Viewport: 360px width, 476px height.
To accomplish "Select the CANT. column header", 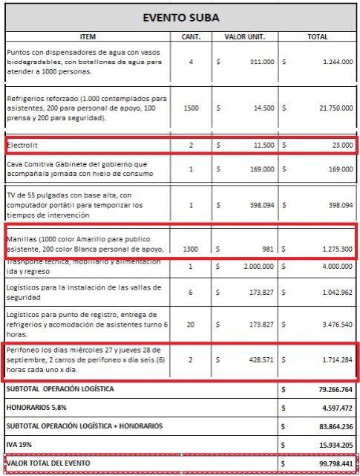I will [191, 36].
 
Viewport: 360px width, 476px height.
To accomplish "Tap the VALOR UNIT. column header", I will [245, 36].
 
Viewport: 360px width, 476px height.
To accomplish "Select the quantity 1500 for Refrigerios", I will [191, 108].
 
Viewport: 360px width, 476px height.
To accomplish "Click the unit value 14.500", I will [264, 108].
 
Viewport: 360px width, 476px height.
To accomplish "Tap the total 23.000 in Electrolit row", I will [341, 145].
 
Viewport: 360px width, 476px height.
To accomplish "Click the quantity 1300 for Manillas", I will [191, 249].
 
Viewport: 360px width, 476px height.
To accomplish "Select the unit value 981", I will [268, 249].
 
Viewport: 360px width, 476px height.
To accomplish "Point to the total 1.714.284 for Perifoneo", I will [336, 359].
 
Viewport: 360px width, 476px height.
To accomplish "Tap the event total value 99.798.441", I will [333, 463].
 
